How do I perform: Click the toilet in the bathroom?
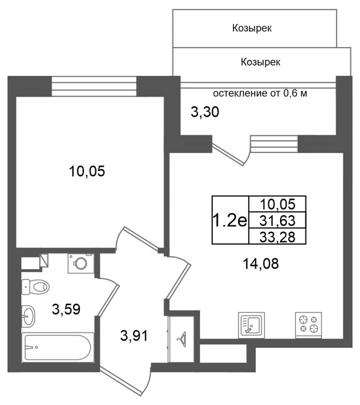tap(35, 287)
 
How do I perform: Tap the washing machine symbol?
tap(81, 263)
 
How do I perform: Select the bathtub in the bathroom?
tap(57, 347)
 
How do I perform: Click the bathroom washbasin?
tap(28, 315)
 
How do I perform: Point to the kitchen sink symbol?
tap(252, 325)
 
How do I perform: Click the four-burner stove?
tap(308, 325)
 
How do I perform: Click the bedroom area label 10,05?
tap(87, 171)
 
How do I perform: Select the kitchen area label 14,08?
tap(261, 264)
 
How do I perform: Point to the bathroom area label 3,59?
tap(66, 309)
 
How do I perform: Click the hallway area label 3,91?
tap(134, 336)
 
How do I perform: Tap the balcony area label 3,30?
tap(205, 112)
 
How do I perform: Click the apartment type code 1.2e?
tap(229, 221)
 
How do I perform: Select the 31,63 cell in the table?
tap(277, 221)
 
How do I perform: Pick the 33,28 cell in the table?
tap(277, 237)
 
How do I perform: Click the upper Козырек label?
tap(252, 28)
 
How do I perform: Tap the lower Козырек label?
tap(260, 62)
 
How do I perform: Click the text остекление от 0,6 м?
tap(260, 93)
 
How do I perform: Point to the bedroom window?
tap(94, 87)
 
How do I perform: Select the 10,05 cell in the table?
tap(277, 205)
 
